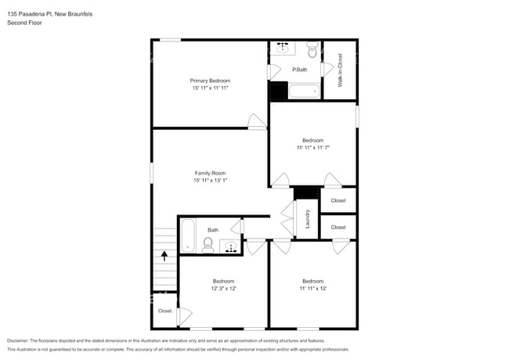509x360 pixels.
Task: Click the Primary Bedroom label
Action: [x=210, y=81]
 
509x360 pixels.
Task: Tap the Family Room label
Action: [x=210, y=172]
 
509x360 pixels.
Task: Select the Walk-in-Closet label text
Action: [x=340, y=70]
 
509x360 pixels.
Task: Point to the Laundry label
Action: [x=308, y=218]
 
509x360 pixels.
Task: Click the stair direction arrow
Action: [x=164, y=254]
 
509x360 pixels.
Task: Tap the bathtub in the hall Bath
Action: [x=187, y=236]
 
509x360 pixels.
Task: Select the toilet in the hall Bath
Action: [x=208, y=247]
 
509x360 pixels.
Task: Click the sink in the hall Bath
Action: [x=233, y=248]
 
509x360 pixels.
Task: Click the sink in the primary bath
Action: [x=283, y=49]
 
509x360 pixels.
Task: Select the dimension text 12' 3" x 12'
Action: [x=223, y=288]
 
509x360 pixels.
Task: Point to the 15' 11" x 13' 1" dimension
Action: [x=210, y=181]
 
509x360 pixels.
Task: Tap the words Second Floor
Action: [x=24, y=23]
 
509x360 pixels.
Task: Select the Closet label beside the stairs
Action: [x=164, y=311]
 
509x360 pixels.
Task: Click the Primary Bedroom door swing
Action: [x=256, y=121]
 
